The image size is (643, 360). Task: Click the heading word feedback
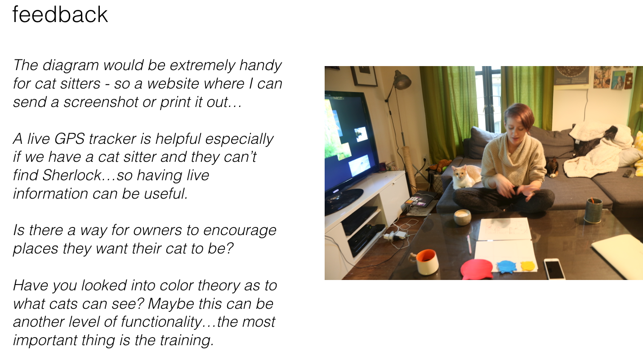pos(60,14)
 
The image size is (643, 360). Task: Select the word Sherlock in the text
pos(72,175)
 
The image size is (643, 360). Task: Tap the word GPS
pos(69,139)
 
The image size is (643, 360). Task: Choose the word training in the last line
pos(187,341)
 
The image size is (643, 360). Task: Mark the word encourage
pos(240,231)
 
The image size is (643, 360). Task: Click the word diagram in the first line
pos(71,66)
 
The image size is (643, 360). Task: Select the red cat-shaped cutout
pos(476,269)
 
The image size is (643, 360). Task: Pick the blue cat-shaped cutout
pos(507,267)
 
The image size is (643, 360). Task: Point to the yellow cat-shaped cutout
pos(528,266)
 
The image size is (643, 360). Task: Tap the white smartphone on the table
pos(554,268)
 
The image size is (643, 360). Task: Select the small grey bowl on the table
pos(462,217)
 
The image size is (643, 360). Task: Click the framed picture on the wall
pos(364,76)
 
